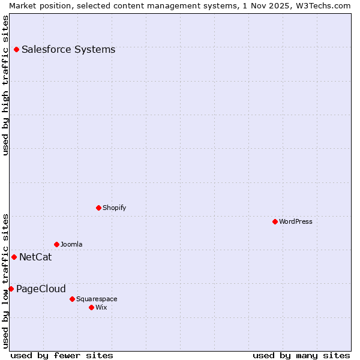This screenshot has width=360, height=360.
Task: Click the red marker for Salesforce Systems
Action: [16, 49]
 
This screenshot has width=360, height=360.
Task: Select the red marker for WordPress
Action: [275, 221]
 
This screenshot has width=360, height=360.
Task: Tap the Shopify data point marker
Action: [98, 208]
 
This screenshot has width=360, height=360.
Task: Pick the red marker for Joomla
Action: [56, 244]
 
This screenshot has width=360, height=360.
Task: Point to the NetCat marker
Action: [14, 257]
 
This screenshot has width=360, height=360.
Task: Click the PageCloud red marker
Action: [11, 289]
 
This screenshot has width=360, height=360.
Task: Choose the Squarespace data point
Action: [72, 299]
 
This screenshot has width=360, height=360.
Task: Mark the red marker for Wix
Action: [91, 307]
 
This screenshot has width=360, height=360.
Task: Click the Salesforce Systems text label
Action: [68, 49]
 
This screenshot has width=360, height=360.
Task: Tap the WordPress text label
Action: [296, 221]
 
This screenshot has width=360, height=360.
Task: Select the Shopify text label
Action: [114, 208]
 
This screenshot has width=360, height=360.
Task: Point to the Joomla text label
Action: [71, 244]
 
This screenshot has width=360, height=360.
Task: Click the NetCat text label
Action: [35, 257]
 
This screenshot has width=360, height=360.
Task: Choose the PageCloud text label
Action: [41, 289]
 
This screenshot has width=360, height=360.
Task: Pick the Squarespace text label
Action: [97, 299]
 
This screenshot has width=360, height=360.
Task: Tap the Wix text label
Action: [101, 307]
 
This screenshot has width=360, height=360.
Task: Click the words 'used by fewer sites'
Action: [62, 355]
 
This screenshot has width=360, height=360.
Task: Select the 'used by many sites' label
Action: [301, 355]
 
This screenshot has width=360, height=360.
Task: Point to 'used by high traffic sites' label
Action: [5, 85]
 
